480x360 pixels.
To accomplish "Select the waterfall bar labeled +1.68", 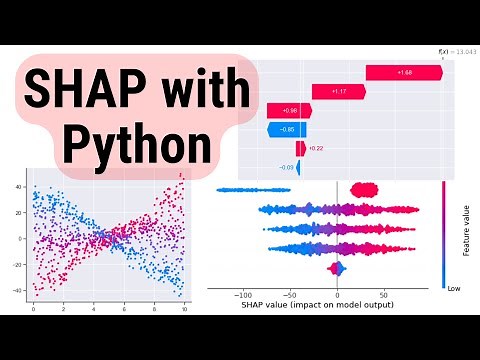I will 404,72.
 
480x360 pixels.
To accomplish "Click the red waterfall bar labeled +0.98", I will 289,110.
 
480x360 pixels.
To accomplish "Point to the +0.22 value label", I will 316,148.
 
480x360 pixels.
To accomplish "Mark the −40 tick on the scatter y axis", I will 19,290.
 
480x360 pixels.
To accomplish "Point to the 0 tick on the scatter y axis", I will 21,239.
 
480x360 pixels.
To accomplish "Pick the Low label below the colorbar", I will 455,284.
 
